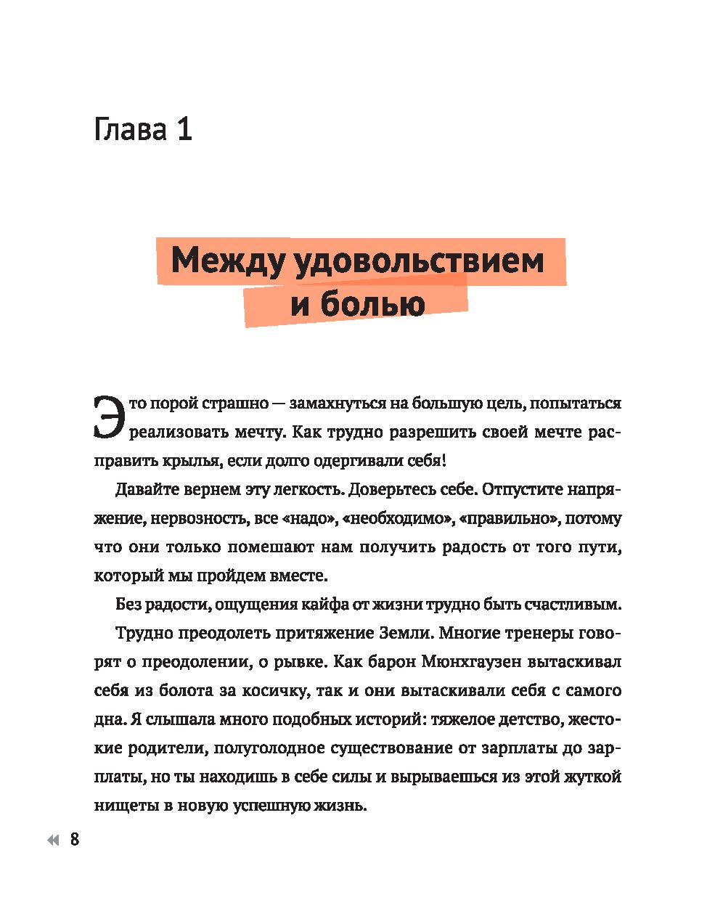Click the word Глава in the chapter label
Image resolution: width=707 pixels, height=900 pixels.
coord(131,130)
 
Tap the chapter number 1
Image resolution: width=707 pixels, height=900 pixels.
coord(183,130)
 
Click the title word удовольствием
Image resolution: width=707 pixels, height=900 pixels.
coord(419,261)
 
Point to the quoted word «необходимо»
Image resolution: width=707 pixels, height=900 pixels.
coord(396,518)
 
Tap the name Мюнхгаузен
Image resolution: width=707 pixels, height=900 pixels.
coord(460,662)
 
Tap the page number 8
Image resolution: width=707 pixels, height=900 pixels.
coord(75,840)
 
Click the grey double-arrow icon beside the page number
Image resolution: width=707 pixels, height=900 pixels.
coord(53,840)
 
